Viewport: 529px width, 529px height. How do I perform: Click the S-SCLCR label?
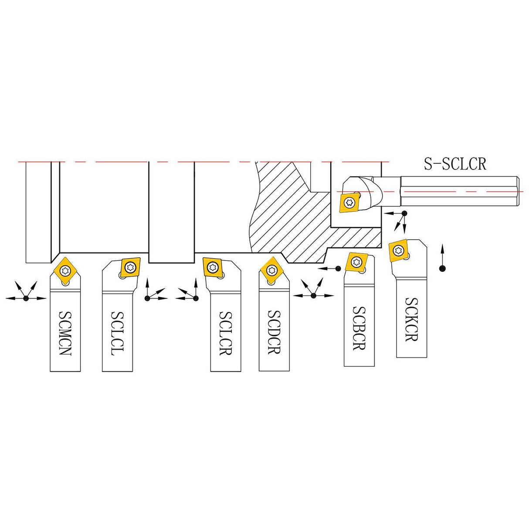455,164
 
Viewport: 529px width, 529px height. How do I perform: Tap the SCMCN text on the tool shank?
65,333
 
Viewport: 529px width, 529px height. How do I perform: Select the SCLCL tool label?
117,333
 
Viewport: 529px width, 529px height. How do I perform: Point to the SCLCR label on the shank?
226,333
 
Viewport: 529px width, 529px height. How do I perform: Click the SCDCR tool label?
274,332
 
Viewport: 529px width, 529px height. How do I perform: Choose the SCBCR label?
359,328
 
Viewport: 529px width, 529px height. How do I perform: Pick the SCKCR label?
411,319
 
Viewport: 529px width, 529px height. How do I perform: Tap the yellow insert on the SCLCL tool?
130,267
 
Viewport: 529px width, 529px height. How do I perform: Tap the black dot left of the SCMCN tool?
26,298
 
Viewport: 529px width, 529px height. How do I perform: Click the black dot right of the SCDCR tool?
313,296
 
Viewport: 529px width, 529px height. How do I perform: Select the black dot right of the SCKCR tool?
442,268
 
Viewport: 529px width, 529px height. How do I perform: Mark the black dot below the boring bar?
404,213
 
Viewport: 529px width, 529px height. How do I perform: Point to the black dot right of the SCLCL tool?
147,298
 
